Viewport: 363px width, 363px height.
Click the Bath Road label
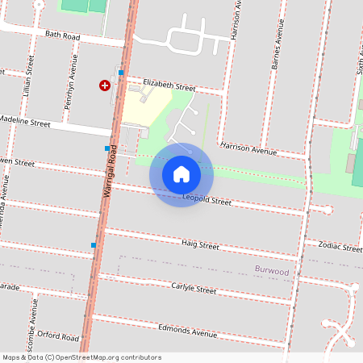(64, 35)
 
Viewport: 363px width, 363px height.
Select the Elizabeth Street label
(169, 86)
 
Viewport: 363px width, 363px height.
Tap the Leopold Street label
(207, 199)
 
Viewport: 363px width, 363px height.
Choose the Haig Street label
(200, 244)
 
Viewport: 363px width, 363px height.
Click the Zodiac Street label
(339, 245)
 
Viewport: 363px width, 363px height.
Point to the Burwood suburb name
(271, 272)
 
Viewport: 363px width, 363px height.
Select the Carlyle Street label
(194, 288)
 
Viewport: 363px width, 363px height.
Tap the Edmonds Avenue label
(188, 331)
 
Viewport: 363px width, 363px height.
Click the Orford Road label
(58, 336)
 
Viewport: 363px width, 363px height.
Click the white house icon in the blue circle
(181, 174)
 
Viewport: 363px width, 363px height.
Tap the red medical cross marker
(104, 85)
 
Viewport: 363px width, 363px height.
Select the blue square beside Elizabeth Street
(121, 73)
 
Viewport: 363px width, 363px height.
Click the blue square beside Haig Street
(94, 245)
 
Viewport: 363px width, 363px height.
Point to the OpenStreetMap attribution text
(81, 357)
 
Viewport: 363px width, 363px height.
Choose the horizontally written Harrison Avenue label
(248, 149)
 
